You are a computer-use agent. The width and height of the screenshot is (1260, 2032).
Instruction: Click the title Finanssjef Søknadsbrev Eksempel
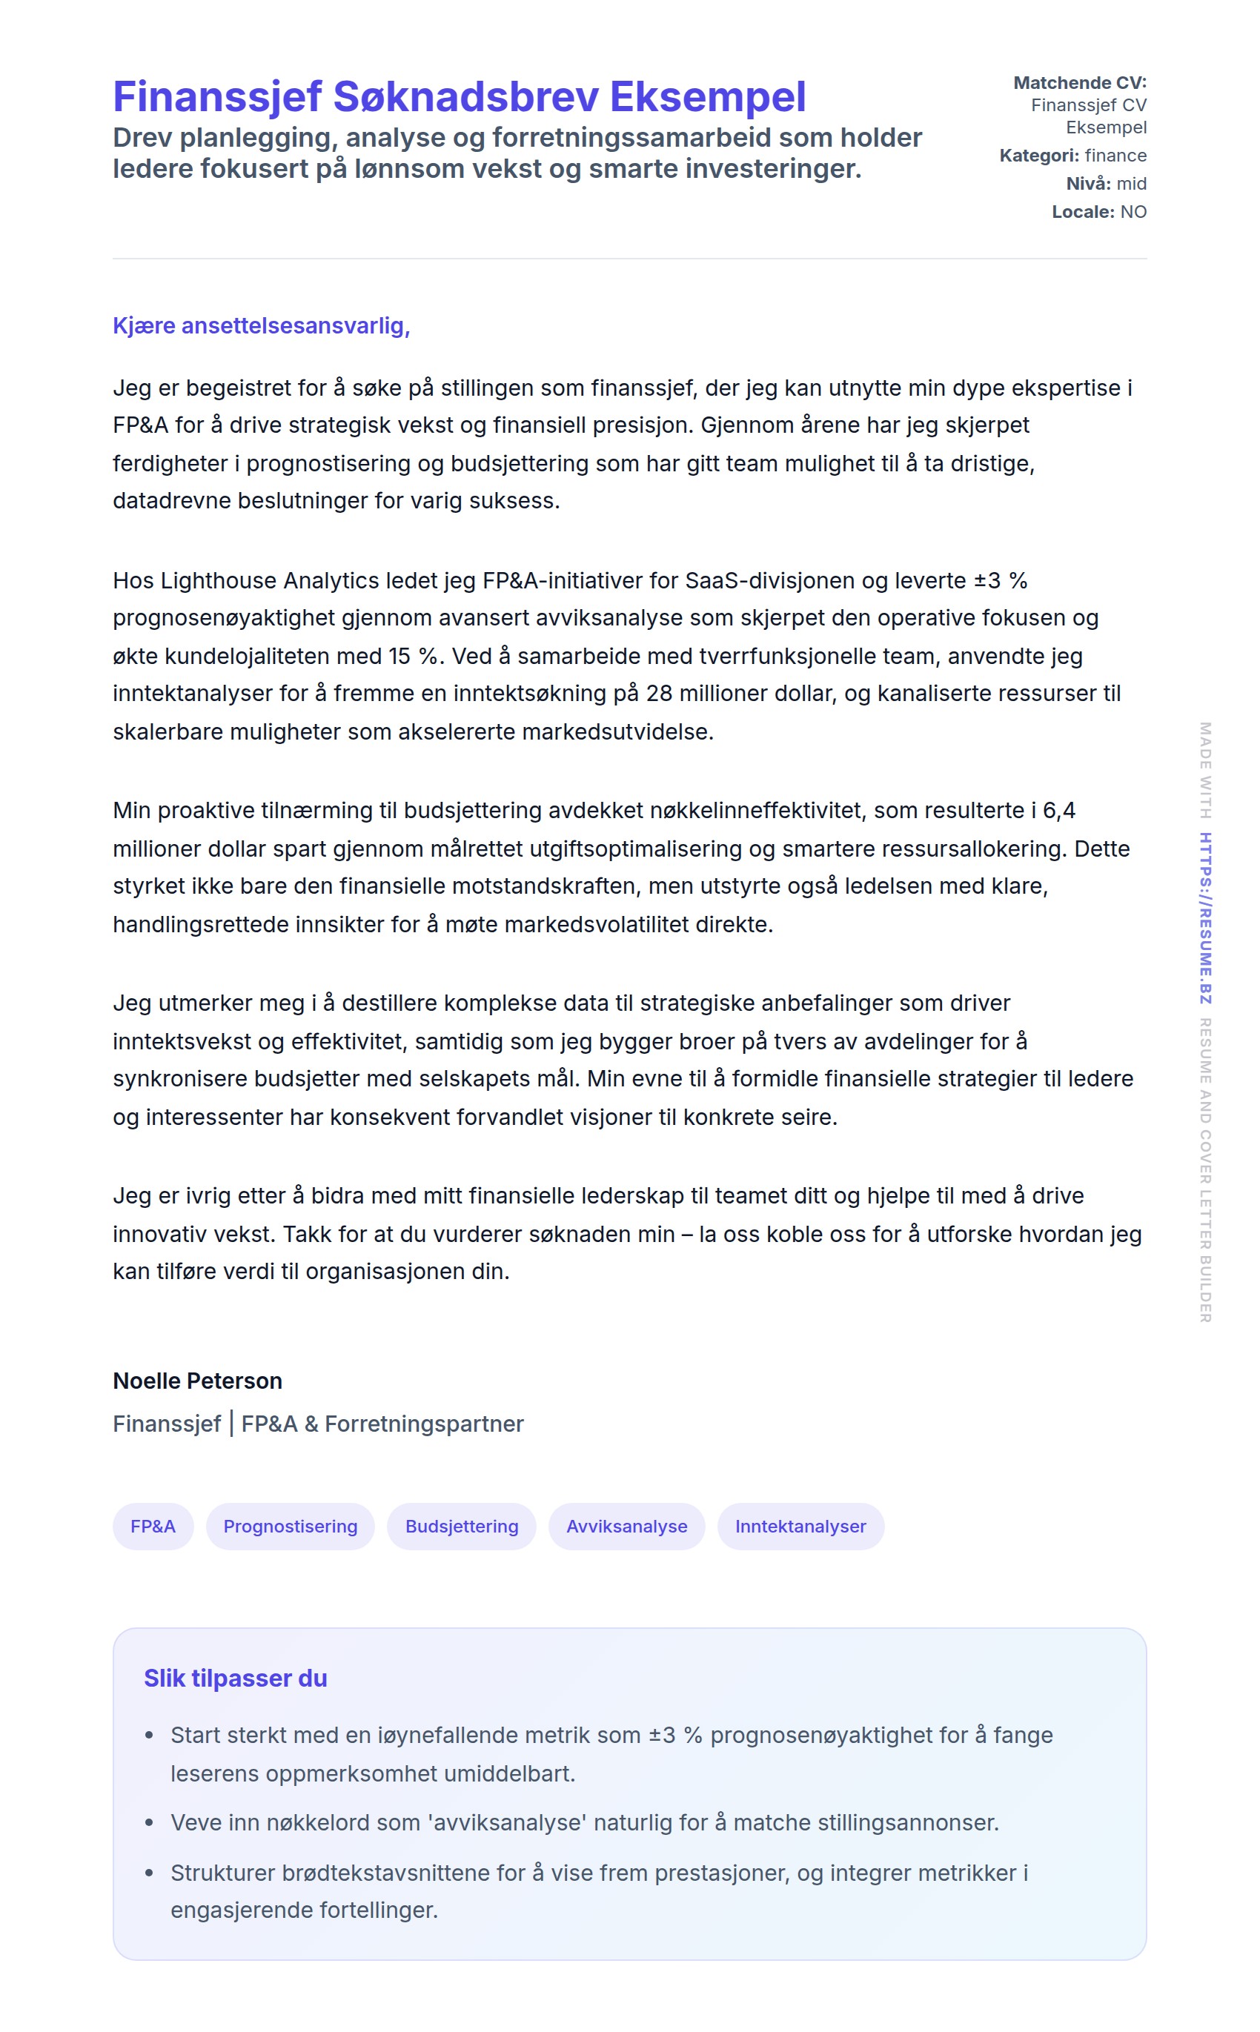pyautogui.click(x=460, y=96)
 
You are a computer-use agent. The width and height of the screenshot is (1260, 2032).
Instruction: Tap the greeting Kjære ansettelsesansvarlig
pyautogui.click(x=261, y=326)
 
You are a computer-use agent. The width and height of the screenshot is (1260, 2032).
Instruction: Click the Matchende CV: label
pyautogui.click(x=1079, y=82)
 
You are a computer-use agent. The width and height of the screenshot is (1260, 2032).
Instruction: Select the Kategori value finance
pyautogui.click(x=1115, y=156)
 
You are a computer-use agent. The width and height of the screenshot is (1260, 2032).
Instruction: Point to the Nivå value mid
pyautogui.click(x=1131, y=183)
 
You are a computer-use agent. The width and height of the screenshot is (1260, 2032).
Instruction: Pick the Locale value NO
pyautogui.click(x=1133, y=212)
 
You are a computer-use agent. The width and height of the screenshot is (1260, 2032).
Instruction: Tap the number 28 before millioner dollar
pyautogui.click(x=658, y=693)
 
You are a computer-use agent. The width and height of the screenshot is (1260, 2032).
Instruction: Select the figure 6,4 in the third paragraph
pyautogui.click(x=1058, y=811)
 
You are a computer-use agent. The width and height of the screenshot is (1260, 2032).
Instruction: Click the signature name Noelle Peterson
pyautogui.click(x=197, y=1381)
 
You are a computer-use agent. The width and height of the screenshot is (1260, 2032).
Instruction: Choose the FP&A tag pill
pyautogui.click(x=153, y=1527)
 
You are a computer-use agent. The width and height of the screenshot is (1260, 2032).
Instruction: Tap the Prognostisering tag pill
pyautogui.click(x=290, y=1527)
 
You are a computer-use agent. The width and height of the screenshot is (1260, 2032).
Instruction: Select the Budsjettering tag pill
pyautogui.click(x=462, y=1527)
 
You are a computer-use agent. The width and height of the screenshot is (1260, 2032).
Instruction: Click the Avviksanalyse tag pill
pyautogui.click(x=627, y=1527)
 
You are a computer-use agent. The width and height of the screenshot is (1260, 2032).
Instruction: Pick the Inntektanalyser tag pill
pyautogui.click(x=800, y=1527)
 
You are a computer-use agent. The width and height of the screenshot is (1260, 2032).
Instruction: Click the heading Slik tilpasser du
pyautogui.click(x=235, y=1678)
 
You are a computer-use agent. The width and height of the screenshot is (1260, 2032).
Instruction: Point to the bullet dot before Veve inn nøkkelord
pyautogui.click(x=149, y=1823)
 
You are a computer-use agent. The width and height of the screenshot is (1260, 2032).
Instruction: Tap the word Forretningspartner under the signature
pyautogui.click(x=424, y=1424)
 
